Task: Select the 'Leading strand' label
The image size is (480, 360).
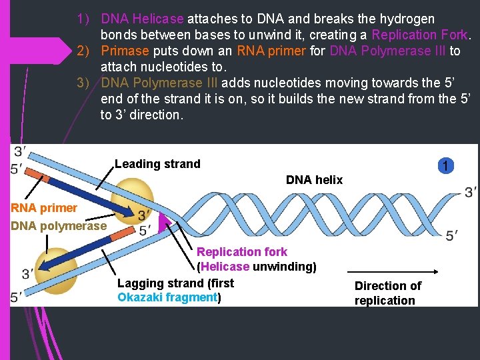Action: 157,164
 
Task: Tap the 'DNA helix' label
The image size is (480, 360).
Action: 314,179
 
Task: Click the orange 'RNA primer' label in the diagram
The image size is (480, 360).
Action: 44,208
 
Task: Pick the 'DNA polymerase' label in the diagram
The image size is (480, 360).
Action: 59,226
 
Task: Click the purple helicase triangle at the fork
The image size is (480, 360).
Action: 165,222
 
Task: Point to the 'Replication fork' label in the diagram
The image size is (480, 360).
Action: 241,252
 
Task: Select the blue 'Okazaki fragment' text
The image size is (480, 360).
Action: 167,297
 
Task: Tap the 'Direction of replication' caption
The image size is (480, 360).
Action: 387,293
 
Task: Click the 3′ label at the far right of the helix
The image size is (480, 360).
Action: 471,191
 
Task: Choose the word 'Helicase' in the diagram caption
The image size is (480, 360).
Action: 225,267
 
